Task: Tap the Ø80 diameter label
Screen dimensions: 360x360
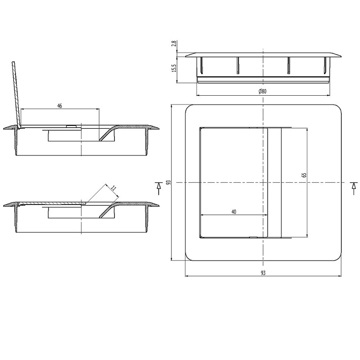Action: coord(262,91)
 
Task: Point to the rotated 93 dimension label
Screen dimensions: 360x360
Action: coord(169,183)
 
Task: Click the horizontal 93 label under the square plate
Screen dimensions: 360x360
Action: coord(263,273)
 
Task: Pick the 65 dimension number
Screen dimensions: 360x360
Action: coord(304,175)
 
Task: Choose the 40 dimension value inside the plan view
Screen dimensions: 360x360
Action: coord(234,212)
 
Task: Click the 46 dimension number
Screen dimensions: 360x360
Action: coord(59,106)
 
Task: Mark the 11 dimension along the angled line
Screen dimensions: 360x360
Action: coord(114,187)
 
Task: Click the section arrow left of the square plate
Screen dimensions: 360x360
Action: coord(159,188)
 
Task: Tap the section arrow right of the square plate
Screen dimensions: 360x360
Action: coord(353,188)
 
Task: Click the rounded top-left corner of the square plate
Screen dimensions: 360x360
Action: coord(189,108)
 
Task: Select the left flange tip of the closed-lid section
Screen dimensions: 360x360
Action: coord(5,205)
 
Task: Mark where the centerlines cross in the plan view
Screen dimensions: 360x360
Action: coord(263,183)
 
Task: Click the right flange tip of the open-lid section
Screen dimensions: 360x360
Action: coord(158,128)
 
